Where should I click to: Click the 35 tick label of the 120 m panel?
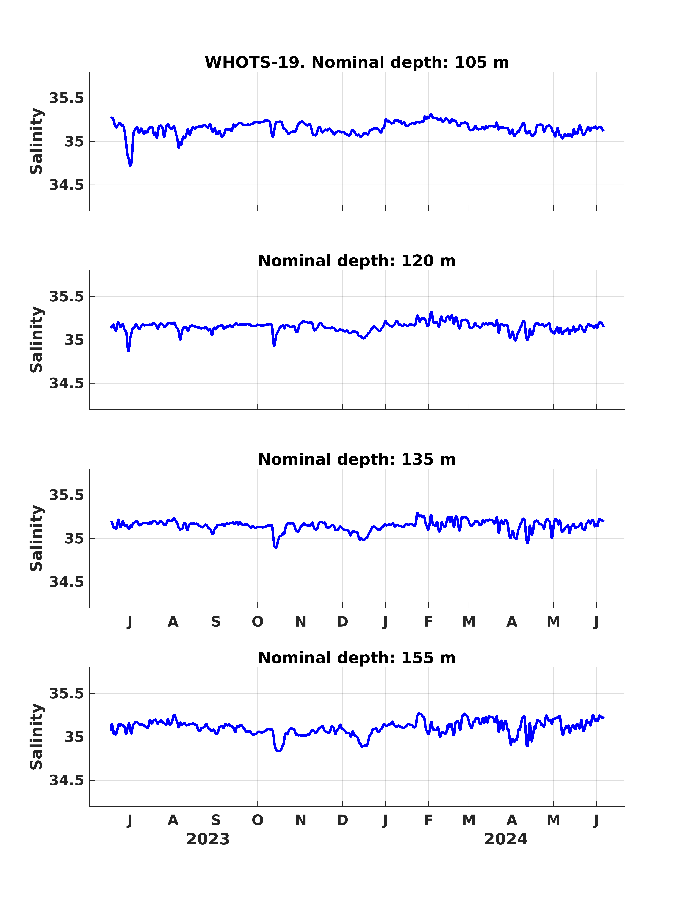(x=74, y=340)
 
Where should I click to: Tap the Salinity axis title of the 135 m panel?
(x=37, y=538)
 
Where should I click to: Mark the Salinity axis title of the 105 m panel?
(x=37, y=141)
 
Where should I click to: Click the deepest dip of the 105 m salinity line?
(x=130, y=165)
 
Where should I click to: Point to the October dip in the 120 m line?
(x=274, y=345)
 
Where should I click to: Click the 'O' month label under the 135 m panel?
(x=258, y=622)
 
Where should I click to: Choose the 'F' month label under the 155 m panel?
(x=428, y=820)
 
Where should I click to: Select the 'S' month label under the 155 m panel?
(x=216, y=820)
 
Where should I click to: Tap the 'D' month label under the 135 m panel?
(x=343, y=622)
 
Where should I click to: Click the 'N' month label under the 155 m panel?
(x=301, y=820)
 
